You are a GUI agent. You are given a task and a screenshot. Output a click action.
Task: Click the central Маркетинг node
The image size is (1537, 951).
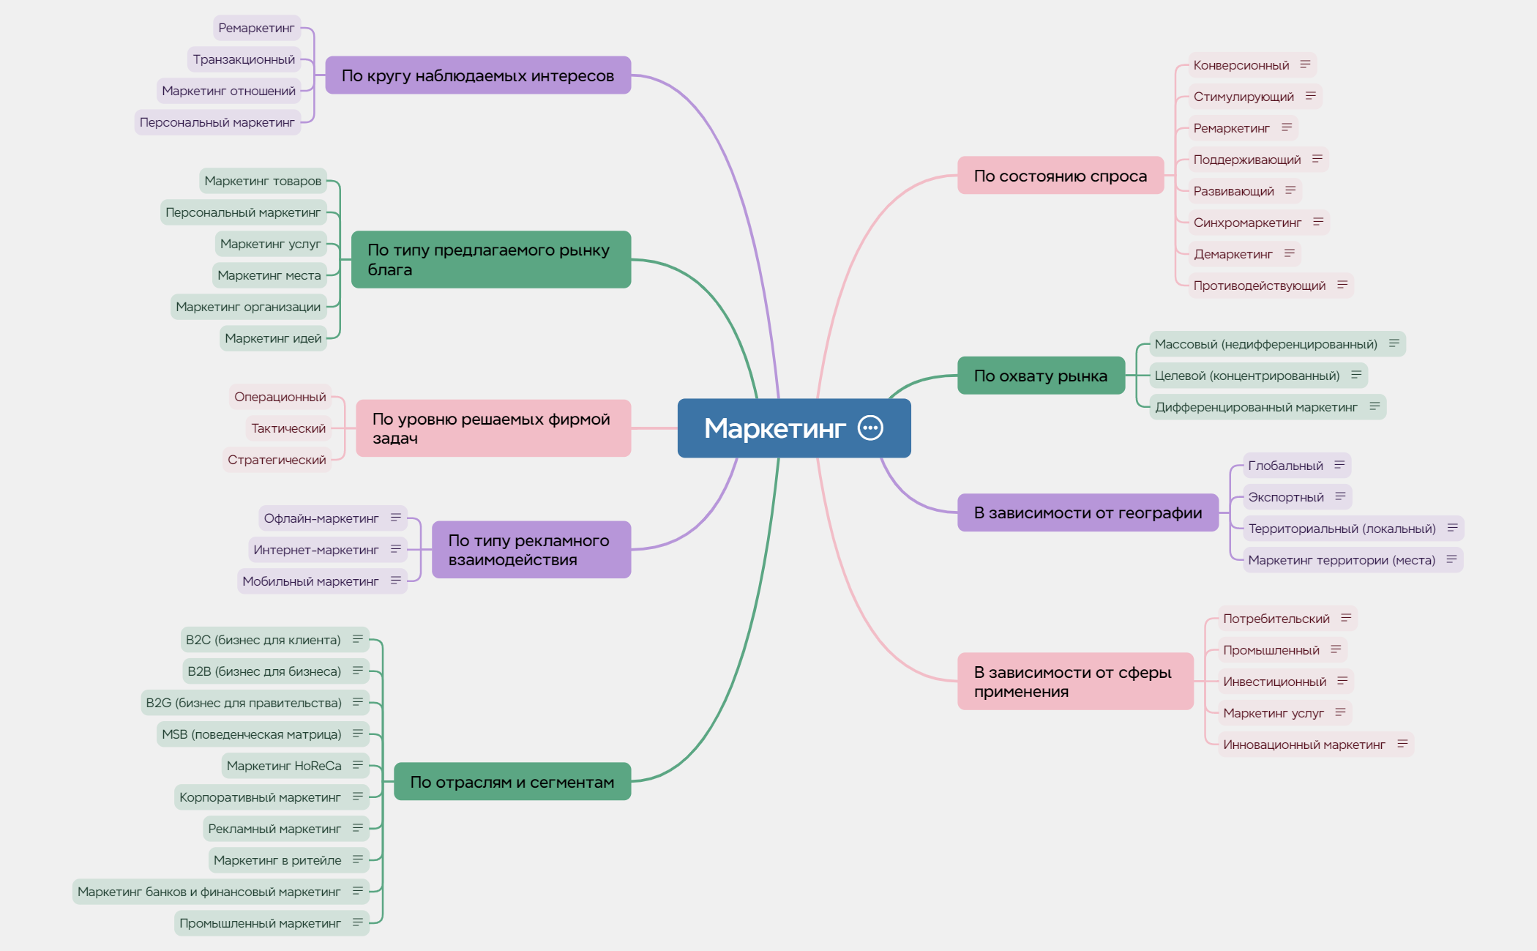point(794,428)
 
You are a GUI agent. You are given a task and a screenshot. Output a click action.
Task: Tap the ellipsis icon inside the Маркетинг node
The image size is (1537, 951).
point(870,428)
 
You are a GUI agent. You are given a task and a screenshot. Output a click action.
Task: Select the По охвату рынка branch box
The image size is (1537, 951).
point(1041,376)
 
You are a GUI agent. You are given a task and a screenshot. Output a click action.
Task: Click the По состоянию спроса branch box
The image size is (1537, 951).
point(1061,176)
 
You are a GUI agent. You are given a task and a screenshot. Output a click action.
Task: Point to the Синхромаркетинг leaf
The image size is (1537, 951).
point(1258,223)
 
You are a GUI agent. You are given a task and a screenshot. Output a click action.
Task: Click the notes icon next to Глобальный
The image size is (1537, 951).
point(1339,465)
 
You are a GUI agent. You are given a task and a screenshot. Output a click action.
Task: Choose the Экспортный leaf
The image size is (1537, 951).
point(1297,497)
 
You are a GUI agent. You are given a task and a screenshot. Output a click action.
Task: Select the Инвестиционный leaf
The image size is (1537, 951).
point(1285,682)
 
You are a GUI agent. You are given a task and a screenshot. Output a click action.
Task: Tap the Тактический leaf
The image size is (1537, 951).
point(288,428)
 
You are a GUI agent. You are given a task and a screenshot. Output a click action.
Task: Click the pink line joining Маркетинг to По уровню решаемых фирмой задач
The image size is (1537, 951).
point(654,428)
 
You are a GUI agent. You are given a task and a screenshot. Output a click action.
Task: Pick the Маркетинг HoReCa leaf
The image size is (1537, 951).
point(295,766)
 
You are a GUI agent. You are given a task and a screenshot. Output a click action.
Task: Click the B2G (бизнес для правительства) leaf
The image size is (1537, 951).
point(255,703)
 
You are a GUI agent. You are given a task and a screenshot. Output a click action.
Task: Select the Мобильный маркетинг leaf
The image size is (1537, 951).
point(322,581)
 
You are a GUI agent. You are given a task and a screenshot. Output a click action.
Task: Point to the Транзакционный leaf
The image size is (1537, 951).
point(244,59)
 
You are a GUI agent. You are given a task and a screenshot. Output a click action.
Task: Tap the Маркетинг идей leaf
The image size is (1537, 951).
point(273,338)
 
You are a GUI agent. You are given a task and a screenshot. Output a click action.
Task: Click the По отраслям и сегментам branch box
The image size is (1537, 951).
point(512,782)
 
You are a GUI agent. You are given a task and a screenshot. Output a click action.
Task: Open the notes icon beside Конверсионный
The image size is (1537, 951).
point(1305,64)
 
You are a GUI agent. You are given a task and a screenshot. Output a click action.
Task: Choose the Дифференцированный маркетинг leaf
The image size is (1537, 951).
point(1268,407)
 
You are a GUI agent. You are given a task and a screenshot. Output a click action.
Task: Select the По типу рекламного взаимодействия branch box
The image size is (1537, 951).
point(531,550)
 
